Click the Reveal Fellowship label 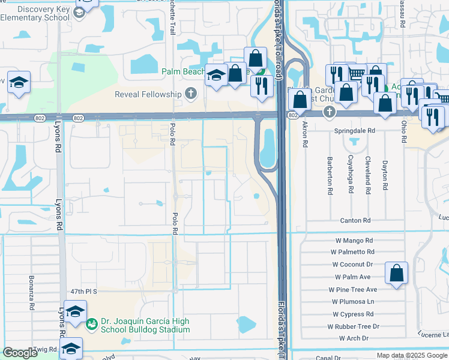click(149, 94)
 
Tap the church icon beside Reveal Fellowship click(190, 94)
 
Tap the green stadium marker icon click(92, 325)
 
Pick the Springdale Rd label click(355, 130)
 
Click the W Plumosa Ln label click(354, 302)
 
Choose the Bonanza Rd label click(31, 293)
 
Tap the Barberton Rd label click(330, 176)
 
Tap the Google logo click(20, 353)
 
